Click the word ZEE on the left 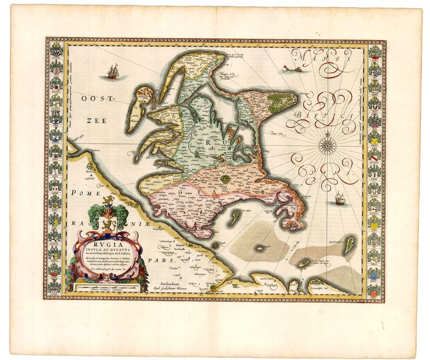point(87,122)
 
